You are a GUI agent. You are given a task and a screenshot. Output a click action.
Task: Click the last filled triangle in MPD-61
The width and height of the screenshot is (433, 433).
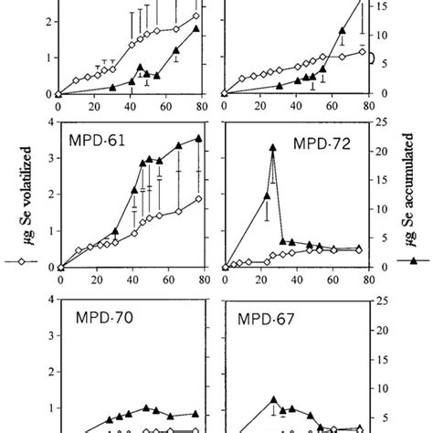coord(198,139)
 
